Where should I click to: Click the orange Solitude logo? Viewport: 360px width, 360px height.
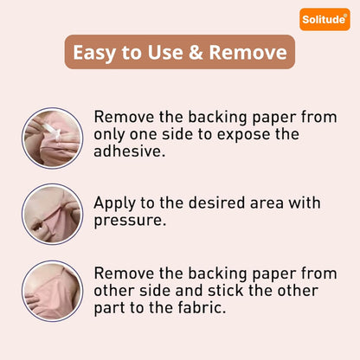pyautogui.click(x=325, y=19)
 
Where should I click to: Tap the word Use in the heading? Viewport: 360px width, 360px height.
pyautogui.click(x=165, y=52)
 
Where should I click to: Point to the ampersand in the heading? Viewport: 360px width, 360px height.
pyautogui.click(x=196, y=52)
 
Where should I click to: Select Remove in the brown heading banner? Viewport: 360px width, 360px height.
pyautogui.click(x=247, y=52)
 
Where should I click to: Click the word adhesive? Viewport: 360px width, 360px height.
pyautogui.click(x=130, y=151)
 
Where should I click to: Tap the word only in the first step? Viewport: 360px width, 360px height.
pyautogui.click(x=109, y=134)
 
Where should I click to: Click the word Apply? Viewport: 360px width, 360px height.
pyautogui.click(x=114, y=203)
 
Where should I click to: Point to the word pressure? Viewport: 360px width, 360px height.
pyautogui.click(x=130, y=221)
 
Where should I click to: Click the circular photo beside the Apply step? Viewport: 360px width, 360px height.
pyautogui.click(x=52, y=214)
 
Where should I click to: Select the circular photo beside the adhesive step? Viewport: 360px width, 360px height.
pyautogui.click(x=52, y=138)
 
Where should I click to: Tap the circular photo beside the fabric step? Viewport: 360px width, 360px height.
pyautogui.click(x=52, y=291)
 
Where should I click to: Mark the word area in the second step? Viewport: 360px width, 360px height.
pyautogui.click(x=267, y=203)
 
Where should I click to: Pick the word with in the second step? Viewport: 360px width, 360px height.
pyautogui.click(x=305, y=202)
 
